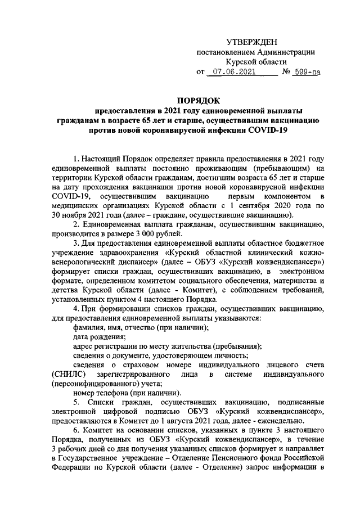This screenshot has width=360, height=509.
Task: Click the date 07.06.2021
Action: tap(233, 72)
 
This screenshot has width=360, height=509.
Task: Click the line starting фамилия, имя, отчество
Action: tap(141, 327)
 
